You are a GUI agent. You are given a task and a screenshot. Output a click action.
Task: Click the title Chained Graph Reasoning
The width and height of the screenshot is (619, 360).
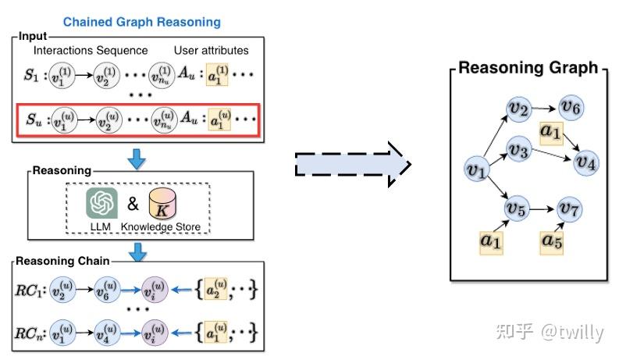tap(141, 22)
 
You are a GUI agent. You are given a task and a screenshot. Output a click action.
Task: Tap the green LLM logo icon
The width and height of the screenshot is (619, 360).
tap(101, 204)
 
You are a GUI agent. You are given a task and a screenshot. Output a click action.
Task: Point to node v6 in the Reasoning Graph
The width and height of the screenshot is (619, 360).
tap(571, 107)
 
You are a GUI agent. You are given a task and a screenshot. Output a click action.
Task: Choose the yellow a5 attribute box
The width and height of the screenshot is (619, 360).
tap(552, 241)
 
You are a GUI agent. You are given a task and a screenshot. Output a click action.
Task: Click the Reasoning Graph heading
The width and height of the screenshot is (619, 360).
tap(528, 68)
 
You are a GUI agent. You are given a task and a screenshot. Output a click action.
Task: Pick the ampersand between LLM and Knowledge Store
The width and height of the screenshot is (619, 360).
tap(133, 205)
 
